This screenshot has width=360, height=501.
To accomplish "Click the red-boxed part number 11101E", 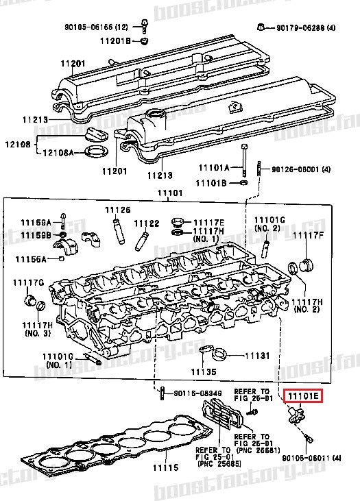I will click(x=302, y=395).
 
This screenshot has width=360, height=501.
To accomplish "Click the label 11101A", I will click(x=215, y=167).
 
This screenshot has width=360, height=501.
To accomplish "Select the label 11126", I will click(x=117, y=210).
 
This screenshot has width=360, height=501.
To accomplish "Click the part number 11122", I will click(x=146, y=223).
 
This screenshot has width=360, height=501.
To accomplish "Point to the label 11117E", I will click(x=208, y=222).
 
